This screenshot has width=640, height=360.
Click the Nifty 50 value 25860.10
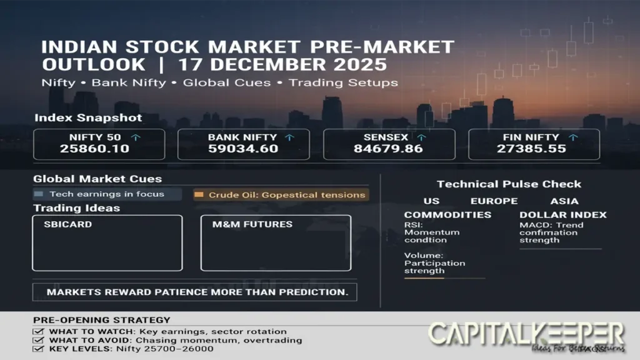[x=94, y=149]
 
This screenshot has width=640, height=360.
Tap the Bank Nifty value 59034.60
[x=239, y=149]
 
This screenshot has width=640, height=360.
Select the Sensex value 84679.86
[x=388, y=149]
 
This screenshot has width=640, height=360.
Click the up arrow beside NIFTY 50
[x=135, y=137]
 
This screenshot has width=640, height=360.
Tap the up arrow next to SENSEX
[x=422, y=137]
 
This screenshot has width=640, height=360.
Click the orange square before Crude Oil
[x=199, y=195]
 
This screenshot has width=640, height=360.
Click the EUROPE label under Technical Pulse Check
[x=494, y=201]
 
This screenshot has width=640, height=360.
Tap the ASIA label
[x=564, y=201]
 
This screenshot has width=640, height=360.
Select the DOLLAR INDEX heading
[x=562, y=214]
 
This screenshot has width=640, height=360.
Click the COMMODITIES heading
[x=447, y=214]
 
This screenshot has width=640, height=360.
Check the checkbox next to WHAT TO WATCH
[x=39, y=332]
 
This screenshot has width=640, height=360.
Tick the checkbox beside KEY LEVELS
[x=39, y=348]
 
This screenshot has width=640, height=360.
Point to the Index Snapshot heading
[x=88, y=117]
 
